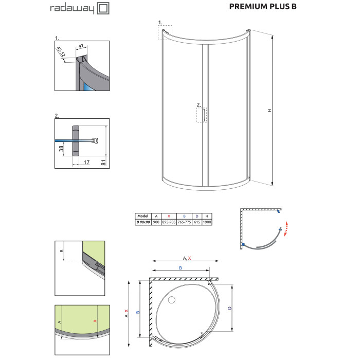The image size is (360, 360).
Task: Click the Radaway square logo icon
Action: click(103, 9)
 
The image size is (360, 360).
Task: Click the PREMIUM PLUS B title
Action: click(263, 7)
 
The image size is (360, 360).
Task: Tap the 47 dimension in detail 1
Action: click(81, 46)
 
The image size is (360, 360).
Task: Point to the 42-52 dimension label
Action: click(61, 51)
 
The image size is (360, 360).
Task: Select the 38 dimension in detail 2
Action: click(61, 149)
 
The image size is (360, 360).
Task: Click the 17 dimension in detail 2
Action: click(86, 163)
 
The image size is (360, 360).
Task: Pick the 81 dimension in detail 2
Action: click(103, 163)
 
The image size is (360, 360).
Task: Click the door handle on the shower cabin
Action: click(204, 115)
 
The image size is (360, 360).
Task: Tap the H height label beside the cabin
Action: click(270, 110)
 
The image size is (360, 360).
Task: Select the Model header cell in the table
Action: click(143, 216)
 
